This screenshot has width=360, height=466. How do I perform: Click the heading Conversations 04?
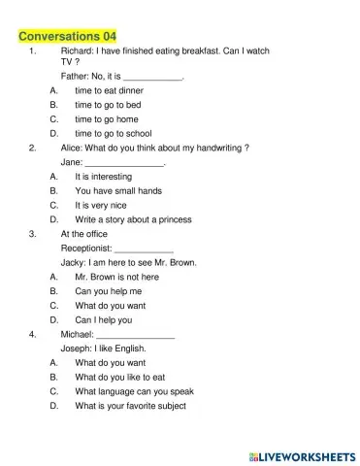(x=67, y=36)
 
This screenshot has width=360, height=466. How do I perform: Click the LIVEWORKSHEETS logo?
(x=301, y=454)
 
